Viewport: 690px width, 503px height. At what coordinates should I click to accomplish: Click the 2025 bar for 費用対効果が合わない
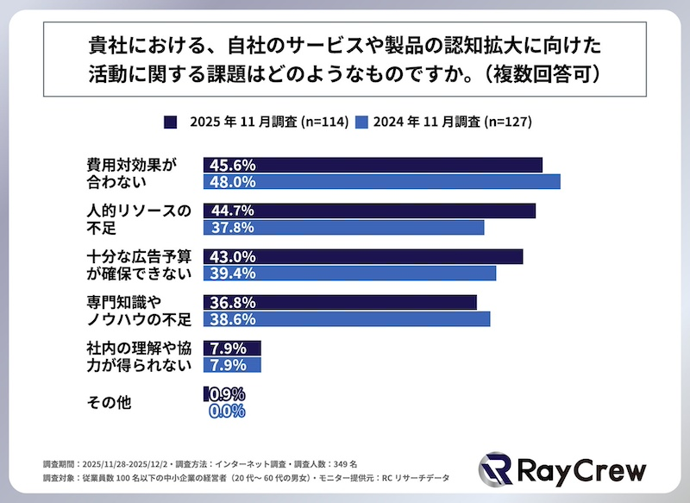click(x=373, y=165)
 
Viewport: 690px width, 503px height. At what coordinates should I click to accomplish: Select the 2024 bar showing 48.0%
click(x=382, y=182)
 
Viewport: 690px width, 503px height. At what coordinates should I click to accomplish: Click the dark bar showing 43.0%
click(x=363, y=257)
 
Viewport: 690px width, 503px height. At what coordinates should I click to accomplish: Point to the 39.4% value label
click(x=230, y=274)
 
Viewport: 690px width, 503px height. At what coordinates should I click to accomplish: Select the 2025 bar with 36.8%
click(x=340, y=303)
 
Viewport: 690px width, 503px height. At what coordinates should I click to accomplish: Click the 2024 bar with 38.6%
click(x=347, y=319)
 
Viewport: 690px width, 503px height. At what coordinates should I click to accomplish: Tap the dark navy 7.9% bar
click(x=232, y=349)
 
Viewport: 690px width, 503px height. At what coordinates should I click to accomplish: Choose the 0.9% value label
click(x=227, y=394)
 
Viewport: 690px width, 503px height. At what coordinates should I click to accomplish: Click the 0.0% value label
click(x=227, y=412)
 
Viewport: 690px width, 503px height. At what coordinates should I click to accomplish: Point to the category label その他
click(x=109, y=401)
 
